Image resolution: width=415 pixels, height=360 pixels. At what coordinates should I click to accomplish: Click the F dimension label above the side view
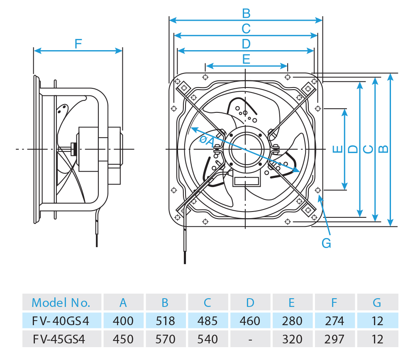coord(78,44)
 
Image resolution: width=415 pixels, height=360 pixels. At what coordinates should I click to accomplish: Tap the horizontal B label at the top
coord(246,14)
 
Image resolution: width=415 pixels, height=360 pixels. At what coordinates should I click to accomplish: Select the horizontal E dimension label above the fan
coord(246,59)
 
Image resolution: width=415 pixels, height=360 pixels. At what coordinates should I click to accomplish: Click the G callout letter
coord(327,243)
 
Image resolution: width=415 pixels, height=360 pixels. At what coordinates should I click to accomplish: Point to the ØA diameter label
coord(206,141)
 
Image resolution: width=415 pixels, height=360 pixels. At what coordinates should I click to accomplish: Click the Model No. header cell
coord(61,303)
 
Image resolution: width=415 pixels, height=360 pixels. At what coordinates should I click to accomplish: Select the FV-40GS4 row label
coord(61,321)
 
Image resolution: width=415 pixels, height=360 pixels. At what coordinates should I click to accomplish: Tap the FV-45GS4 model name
coord(61,339)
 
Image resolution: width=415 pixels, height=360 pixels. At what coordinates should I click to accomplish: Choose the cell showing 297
coord(334,339)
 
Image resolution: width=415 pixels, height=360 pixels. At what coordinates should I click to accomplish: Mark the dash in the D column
coord(250,339)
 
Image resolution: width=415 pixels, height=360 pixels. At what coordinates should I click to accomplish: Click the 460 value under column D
coord(250,321)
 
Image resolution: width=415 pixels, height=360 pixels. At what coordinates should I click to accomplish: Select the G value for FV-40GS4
coord(377,321)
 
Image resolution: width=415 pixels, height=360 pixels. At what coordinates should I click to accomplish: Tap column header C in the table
coord(207,303)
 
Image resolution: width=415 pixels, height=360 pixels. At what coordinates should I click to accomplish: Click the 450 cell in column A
coord(123,339)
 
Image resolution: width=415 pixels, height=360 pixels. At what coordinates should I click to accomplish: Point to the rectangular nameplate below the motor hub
coord(246,181)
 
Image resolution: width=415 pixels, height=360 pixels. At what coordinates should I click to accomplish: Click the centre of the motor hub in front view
coord(246,149)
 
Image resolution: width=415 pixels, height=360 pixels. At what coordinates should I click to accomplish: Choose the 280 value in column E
coord(292,321)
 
